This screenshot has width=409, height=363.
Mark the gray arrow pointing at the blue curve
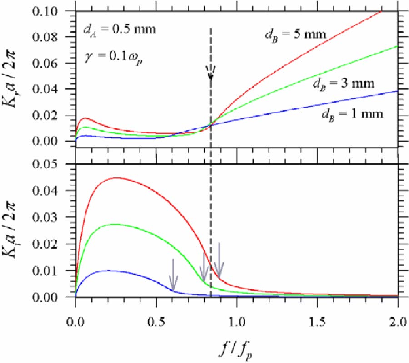[x=173, y=275]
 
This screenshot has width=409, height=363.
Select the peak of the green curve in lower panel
[x=115, y=224]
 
